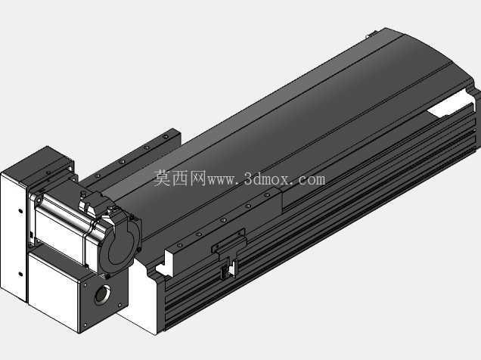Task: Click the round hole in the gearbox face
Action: (103, 294)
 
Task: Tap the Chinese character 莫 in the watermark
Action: (162, 178)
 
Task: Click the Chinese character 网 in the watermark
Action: (197, 178)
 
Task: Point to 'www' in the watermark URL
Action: (220, 180)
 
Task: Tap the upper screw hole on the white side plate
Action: (20, 211)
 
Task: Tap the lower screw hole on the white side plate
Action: (20, 274)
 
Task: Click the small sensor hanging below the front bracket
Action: (228, 268)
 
